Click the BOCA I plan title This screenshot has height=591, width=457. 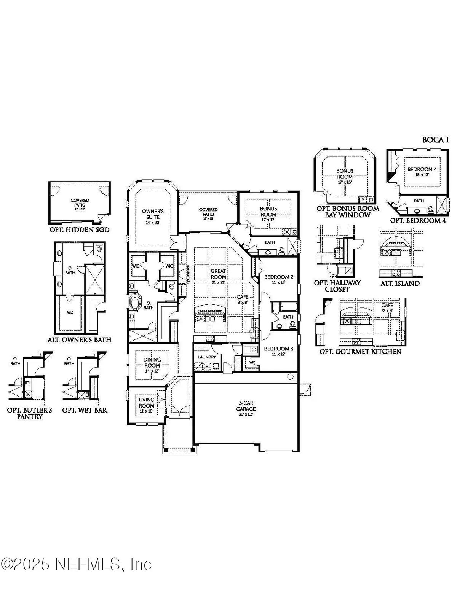click(435, 140)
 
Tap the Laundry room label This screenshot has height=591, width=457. click(207, 357)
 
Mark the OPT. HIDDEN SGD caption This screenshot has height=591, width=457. click(79, 230)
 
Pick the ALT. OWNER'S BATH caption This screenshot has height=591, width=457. click(79, 339)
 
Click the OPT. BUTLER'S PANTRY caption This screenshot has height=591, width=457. click(30, 413)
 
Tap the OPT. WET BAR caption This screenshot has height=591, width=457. click(85, 410)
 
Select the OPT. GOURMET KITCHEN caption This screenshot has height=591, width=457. click(360, 351)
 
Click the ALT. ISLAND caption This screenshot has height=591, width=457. click(400, 283)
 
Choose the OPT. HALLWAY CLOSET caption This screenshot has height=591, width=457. click(337, 286)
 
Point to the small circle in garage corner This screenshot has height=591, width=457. click(290, 377)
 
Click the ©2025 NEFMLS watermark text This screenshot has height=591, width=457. click(76, 564)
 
